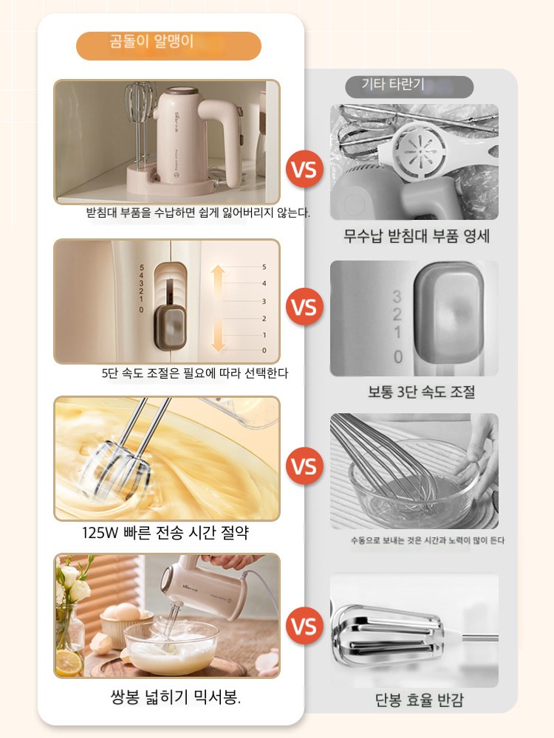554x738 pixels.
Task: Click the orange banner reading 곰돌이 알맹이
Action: pyautogui.click(x=168, y=46)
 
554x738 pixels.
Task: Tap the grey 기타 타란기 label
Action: pyautogui.click(x=409, y=86)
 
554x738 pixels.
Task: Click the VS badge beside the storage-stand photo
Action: pyautogui.click(x=304, y=169)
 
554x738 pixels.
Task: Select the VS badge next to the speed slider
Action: pyautogui.click(x=304, y=307)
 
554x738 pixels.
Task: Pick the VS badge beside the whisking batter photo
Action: pyautogui.click(x=304, y=466)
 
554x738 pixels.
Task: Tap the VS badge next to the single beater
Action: pyautogui.click(x=304, y=626)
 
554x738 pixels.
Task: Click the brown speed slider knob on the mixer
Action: pyautogui.click(x=171, y=327)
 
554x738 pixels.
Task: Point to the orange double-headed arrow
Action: pyautogui.click(x=217, y=308)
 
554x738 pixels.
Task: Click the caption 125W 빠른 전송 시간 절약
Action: pyautogui.click(x=165, y=532)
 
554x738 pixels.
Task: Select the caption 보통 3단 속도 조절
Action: pyautogui.click(x=421, y=392)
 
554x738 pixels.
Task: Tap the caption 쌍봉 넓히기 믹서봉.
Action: pyautogui.click(x=175, y=697)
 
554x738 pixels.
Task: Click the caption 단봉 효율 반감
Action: pyautogui.click(x=420, y=700)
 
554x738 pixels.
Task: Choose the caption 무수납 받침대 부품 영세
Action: pyautogui.click(x=417, y=235)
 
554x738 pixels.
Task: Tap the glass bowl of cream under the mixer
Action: pyautogui.click(x=172, y=647)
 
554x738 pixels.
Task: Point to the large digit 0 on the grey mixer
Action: pyautogui.click(x=398, y=356)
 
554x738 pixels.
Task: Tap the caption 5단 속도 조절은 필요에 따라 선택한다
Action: pyautogui.click(x=195, y=373)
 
